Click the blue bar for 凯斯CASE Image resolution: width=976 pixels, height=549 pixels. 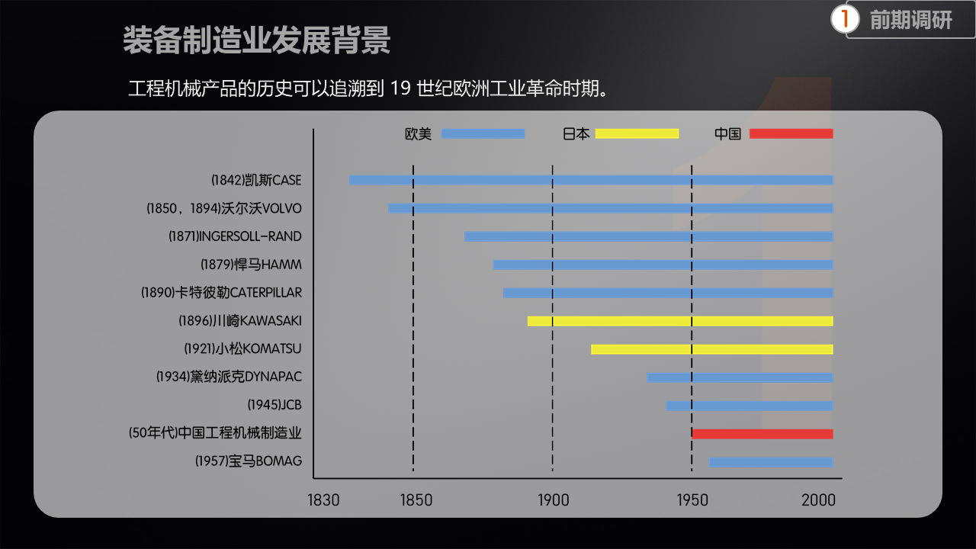(591, 180)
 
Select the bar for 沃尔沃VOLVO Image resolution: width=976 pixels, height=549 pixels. (610, 208)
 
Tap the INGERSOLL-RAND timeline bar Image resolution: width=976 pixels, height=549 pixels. (648, 236)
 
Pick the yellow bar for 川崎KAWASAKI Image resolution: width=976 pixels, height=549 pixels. (679, 321)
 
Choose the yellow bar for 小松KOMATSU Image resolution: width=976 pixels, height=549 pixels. (711, 349)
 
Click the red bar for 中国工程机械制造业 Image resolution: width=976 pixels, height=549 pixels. (762, 434)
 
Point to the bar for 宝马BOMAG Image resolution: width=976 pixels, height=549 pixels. (770, 462)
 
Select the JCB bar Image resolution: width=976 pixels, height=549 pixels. (749, 406)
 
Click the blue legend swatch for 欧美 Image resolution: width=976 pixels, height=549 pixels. (483, 133)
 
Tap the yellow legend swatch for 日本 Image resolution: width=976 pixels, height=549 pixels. (637, 133)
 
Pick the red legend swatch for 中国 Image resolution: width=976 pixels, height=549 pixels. (791, 133)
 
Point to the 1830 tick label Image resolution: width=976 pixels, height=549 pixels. (323, 501)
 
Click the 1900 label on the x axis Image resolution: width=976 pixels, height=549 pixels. (553, 501)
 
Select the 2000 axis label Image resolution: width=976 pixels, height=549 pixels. (818, 501)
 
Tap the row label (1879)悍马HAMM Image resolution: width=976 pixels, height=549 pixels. (251, 265)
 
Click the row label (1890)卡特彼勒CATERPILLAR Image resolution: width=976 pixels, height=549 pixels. (221, 293)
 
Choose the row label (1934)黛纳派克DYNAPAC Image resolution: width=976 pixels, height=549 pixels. (229, 377)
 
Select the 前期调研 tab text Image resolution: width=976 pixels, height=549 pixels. (910, 21)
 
